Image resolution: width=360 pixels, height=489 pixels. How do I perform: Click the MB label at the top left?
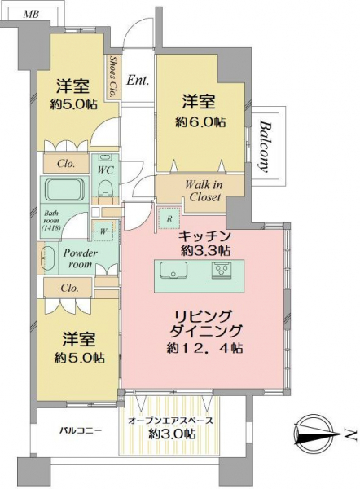pyautogui.click(x=31, y=15)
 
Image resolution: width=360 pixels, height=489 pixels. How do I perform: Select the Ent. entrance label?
pyautogui.click(x=138, y=81)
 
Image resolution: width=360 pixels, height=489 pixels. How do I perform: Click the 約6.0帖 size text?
pyautogui.click(x=200, y=122)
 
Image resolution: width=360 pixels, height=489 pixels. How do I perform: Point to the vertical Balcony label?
pyautogui.click(x=265, y=146)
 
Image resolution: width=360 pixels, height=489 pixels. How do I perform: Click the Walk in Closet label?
pyautogui.click(x=204, y=191)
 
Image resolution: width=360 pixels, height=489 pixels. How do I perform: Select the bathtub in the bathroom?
pyautogui.click(x=64, y=190)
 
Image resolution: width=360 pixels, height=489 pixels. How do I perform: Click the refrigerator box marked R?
pyautogui.click(x=169, y=218)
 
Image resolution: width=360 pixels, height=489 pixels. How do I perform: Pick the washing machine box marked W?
pyautogui.click(x=103, y=231)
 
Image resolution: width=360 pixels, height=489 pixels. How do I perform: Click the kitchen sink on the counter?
pyautogui.click(x=173, y=270)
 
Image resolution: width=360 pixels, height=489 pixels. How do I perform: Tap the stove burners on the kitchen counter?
pyautogui.click(x=222, y=270)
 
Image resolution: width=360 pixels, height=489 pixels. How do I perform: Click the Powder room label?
pyautogui.click(x=80, y=258)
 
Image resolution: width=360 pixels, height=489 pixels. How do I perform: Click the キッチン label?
pyautogui.click(x=204, y=236)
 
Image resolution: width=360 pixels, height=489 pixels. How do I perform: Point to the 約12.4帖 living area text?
pyautogui.click(x=204, y=348)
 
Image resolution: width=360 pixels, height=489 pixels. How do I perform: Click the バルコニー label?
pyautogui.click(x=81, y=431)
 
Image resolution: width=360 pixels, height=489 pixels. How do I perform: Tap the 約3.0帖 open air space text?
pyautogui.click(x=172, y=434)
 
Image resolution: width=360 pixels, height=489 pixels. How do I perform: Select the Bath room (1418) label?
pyautogui.click(x=50, y=221)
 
